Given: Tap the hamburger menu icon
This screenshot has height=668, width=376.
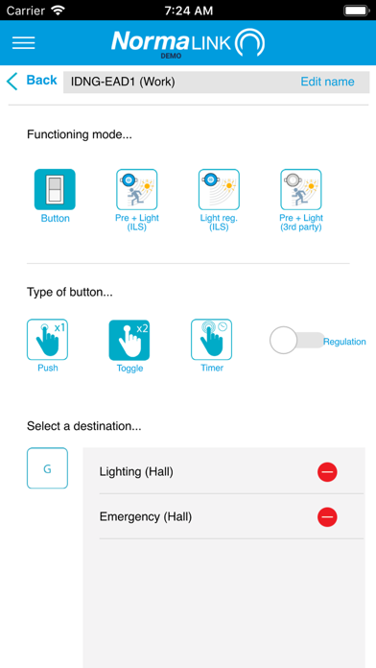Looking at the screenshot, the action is click(23, 43).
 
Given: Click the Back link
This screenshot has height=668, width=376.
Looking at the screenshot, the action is click(32, 81).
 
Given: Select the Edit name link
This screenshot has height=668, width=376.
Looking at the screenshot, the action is click(327, 82).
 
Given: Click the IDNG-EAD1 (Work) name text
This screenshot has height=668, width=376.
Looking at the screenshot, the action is click(123, 82).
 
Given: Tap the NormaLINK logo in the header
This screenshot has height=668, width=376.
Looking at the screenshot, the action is click(188, 43).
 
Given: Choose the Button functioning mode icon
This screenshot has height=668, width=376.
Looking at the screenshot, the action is click(55, 190).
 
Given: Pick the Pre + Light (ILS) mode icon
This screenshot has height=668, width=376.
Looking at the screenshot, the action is click(137, 190).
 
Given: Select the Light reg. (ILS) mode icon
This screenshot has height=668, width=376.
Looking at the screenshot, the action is click(219, 190).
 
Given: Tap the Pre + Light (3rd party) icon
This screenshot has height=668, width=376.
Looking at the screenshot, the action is click(300, 190).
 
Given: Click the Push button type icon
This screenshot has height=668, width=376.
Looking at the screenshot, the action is click(47, 340).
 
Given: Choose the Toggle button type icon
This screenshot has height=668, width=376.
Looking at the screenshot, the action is click(129, 340).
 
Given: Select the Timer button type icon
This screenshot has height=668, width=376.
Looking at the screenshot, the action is click(212, 340).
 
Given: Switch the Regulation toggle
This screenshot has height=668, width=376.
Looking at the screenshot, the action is click(297, 340).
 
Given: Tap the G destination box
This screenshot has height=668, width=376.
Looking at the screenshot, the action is click(47, 467).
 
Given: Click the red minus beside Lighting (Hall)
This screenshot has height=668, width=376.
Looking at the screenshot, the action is click(327, 472).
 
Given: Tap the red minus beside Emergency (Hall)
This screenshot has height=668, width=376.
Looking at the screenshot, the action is click(327, 517).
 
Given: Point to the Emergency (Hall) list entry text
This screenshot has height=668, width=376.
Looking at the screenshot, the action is click(146, 517).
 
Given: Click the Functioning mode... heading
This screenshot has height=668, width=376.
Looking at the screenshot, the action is click(80, 135).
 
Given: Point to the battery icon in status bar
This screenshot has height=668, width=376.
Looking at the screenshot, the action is click(356, 11).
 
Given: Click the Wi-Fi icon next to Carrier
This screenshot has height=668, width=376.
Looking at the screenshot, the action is click(58, 11).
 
